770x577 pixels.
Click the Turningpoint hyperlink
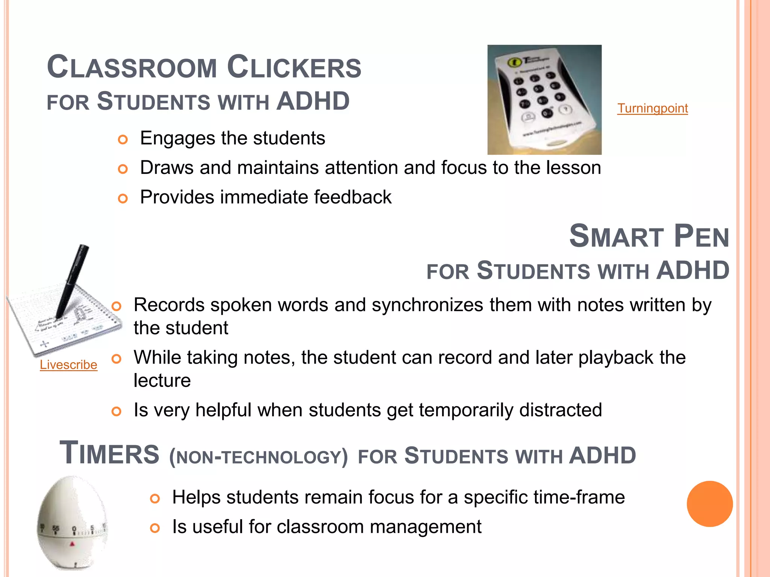tap(652, 109)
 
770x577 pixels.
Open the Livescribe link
tap(68, 365)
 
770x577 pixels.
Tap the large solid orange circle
tap(709, 504)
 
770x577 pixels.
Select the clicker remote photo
tap(544, 100)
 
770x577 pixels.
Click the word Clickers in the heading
tap(294, 68)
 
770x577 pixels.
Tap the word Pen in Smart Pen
tap(701, 237)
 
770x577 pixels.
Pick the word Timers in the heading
tap(109, 453)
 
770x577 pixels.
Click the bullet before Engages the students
tap(123, 140)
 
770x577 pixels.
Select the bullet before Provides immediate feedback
tap(123, 198)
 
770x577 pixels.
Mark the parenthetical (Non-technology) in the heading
tap(258, 457)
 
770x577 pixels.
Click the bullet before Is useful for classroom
tap(155, 528)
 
